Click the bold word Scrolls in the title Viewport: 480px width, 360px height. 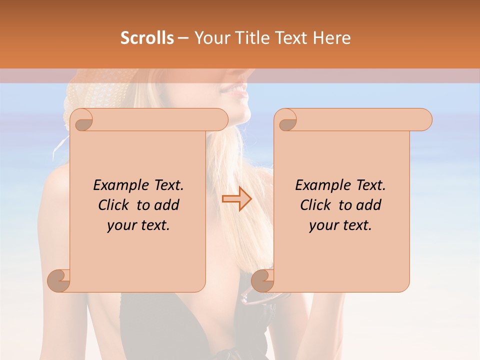click(147, 38)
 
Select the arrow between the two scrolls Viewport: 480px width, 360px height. click(236, 199)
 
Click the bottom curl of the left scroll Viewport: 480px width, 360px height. click(58, 280)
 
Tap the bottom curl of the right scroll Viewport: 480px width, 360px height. click(262, 280)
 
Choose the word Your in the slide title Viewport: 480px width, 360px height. click(211, 38)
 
